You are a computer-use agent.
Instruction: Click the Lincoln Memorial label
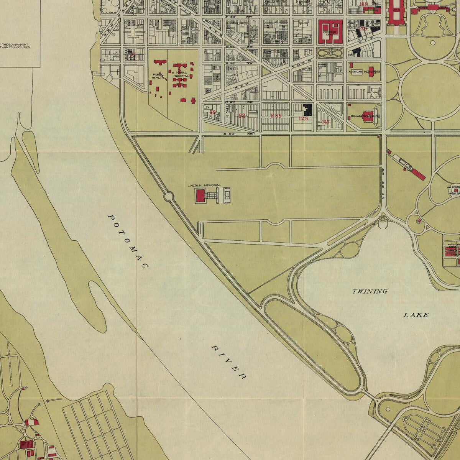pos(204,186)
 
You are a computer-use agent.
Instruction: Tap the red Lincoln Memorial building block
pos(200,196)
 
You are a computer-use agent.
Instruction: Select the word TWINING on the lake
pos(370,292)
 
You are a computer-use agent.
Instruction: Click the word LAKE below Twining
pos(416,315)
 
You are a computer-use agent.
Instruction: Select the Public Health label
pos(158,76)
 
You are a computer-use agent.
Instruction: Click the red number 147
pos(325,122)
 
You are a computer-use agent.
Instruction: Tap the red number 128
pos(303,118)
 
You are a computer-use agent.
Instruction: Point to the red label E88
pos(276,116)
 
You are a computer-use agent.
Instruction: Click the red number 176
pos(363,29)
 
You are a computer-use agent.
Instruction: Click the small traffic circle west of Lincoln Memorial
pos(169,197)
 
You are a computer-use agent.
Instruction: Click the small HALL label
pos(376,92)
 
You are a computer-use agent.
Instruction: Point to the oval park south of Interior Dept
pos(330,53)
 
